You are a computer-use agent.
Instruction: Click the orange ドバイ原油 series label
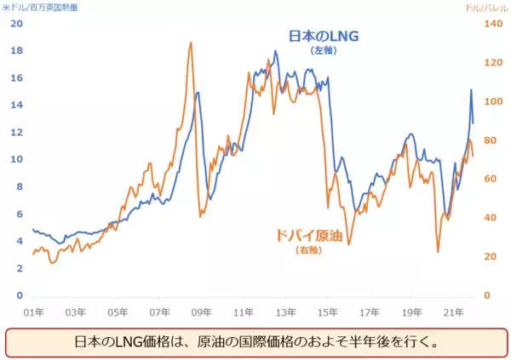coord(307,236)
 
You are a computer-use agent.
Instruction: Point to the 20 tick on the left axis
coord(16,23)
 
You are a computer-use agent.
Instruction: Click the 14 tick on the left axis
coord(16,105)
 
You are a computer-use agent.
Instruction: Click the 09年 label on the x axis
coord(202,311)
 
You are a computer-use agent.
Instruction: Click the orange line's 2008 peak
coord(191,42)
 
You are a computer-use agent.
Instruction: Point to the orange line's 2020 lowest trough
coord(438,251)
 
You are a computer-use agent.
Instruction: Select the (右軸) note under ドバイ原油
coord(307,250)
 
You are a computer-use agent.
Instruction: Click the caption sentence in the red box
coord(255,344)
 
